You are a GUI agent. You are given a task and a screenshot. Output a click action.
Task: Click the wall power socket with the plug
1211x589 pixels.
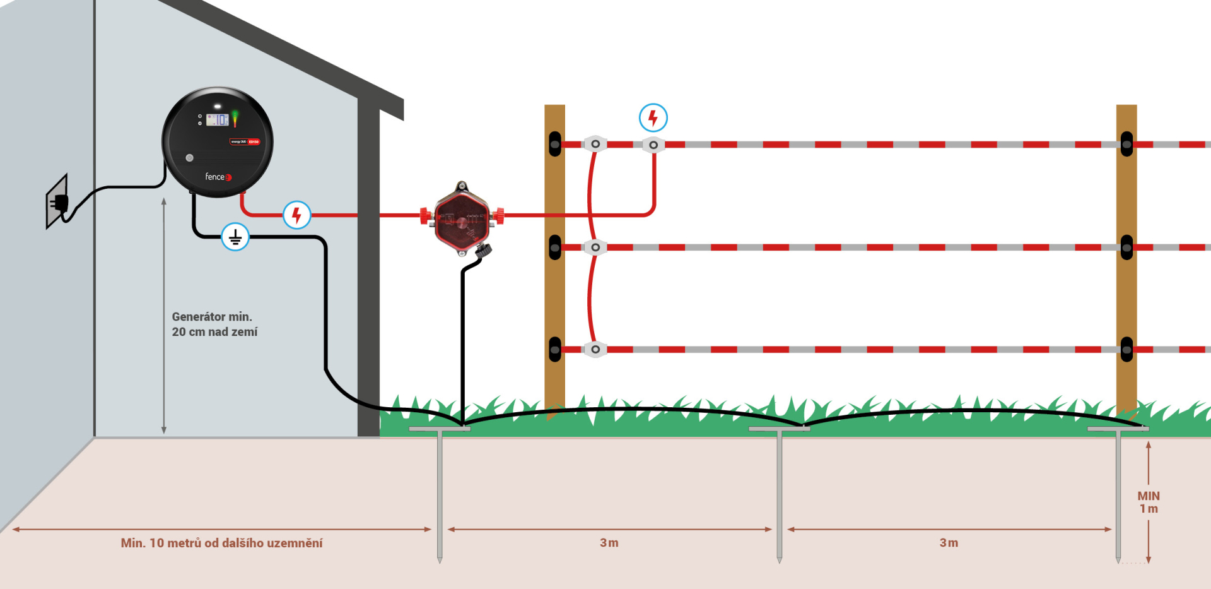[58, 202]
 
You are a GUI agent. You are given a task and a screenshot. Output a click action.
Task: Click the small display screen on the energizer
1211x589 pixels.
[217, 119]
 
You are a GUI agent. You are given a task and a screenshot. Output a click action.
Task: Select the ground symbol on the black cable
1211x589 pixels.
[235, 237]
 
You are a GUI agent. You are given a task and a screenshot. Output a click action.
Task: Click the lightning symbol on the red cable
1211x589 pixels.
[296, 215]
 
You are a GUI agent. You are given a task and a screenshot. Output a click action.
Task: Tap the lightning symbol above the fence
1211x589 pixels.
[653, 118]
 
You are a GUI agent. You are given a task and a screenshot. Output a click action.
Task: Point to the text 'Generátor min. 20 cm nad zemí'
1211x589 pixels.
[214, 324]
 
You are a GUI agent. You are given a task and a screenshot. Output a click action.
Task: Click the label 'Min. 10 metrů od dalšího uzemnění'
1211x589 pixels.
[221, 543]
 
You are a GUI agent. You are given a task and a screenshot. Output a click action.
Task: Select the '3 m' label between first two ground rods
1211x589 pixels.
[609, 543]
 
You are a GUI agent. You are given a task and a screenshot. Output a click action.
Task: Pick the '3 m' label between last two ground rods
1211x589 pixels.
[949, 543]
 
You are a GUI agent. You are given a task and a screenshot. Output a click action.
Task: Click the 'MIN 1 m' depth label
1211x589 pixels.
[1149, 503]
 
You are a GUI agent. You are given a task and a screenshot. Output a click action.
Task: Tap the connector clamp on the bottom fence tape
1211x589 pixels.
[595, 349]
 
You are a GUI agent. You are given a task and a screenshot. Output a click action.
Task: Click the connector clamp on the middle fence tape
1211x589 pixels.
[595, 247]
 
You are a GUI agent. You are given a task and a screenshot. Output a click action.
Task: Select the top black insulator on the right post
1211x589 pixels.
[1126, 144]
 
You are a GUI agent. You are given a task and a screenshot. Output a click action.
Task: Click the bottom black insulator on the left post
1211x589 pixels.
[555, 349]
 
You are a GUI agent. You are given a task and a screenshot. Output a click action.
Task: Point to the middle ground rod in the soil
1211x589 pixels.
[780, 492]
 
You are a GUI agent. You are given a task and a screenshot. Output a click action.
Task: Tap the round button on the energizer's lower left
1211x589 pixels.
[189, 158]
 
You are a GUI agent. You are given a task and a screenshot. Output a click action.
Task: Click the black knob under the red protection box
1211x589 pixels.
[484, 250]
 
